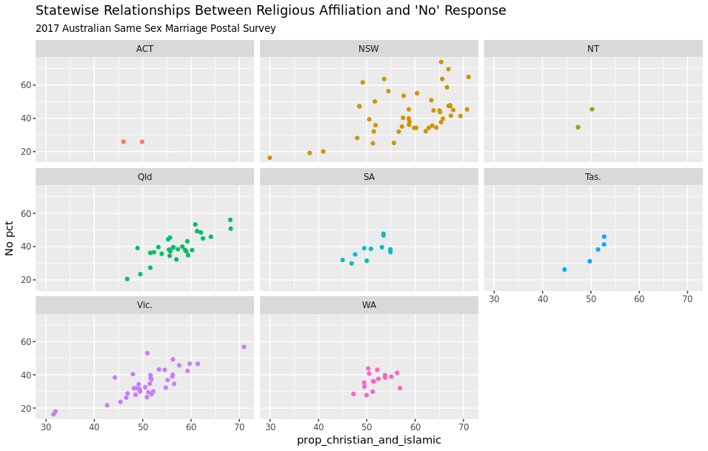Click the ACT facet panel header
tap(144, 49)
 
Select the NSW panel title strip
tap(369, 49)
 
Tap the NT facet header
tap(592, 49)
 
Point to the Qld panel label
tap(144, 177)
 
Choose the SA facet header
tap(369, 177)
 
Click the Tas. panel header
tap(592, 177)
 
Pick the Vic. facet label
tap(144, 305)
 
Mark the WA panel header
tap(369, 305)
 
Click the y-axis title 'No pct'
tap(10, 238)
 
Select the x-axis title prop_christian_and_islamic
tap(369, 440)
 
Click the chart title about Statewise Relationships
tap(271, 10)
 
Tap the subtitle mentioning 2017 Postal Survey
tap(156, 29)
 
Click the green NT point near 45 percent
tap(592, 109)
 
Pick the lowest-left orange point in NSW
tap(270, 158)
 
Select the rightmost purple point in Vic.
tap(244, 347)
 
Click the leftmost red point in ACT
tap(124, 141)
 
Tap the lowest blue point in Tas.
tap(564, 270)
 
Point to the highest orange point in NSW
tap(441, 62)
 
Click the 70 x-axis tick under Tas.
tap(687, 298)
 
